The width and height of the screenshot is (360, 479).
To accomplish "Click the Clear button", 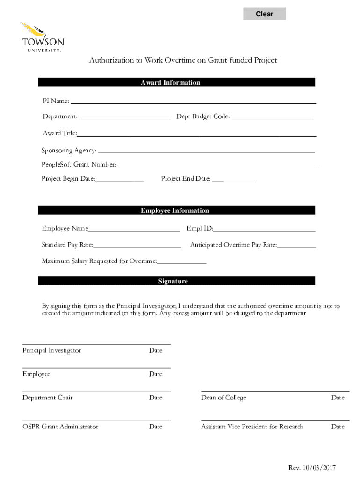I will [x=264, y=14].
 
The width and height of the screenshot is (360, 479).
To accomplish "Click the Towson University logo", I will [x=42, y=37].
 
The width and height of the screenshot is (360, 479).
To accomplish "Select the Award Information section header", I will [x=176, y=83].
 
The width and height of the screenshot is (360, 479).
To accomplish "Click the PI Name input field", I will [x=193, y=100].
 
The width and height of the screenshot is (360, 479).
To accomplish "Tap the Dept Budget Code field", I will [x=272, y=116].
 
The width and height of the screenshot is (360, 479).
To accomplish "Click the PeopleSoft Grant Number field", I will [x=217, y=164].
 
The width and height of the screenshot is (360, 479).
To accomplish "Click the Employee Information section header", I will [x=176, y=211].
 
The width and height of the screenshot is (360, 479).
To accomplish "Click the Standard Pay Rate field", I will [x=137, y=244].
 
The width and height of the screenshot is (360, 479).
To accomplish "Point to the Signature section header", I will [x=176, y=282].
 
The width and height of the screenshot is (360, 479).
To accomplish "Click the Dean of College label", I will [x=223, y=398].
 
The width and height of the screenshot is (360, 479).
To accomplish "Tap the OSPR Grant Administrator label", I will [x=60, y=427].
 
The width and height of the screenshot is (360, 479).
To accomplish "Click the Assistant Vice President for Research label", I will [x=252, y=427].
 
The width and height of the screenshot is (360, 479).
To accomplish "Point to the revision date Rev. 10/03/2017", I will [x=312, y=468].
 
